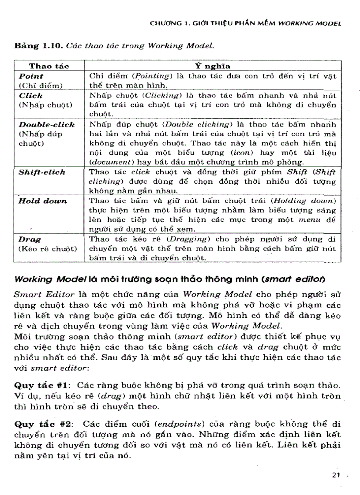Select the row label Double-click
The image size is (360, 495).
(x=46, y=125)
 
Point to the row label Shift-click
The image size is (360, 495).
(x=41, y=172)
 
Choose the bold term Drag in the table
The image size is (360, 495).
(x=30, y=240)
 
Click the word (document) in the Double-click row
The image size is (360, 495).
(x=109, y=162)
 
